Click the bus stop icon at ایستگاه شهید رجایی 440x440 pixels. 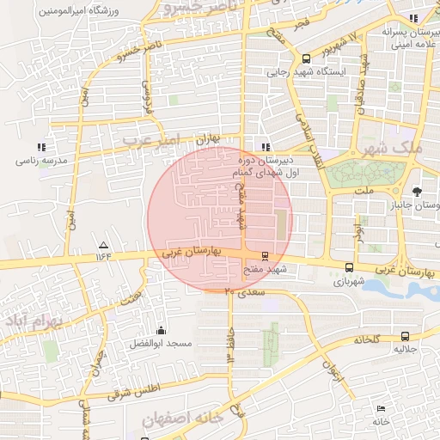pyautogui.click(x=307, y=58)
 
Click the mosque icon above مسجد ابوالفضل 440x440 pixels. pyautogui.click(x=161, y=330)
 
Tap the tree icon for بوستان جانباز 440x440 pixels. pyautogui.click(x=417, y=192)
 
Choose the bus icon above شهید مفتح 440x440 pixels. pyautogui.click(x=264, y=255)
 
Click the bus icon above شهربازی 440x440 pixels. pyautogui.click(x=348, y=267)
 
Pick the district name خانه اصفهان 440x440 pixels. pyautogui.click(x=182, y=419)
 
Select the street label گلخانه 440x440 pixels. pyautogui.click(x=366, y=339)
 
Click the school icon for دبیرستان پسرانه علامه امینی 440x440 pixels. pyautogui.click(x=412, y=18)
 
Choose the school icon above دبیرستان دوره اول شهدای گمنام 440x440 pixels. pyautogui.click(x=265, y=146)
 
